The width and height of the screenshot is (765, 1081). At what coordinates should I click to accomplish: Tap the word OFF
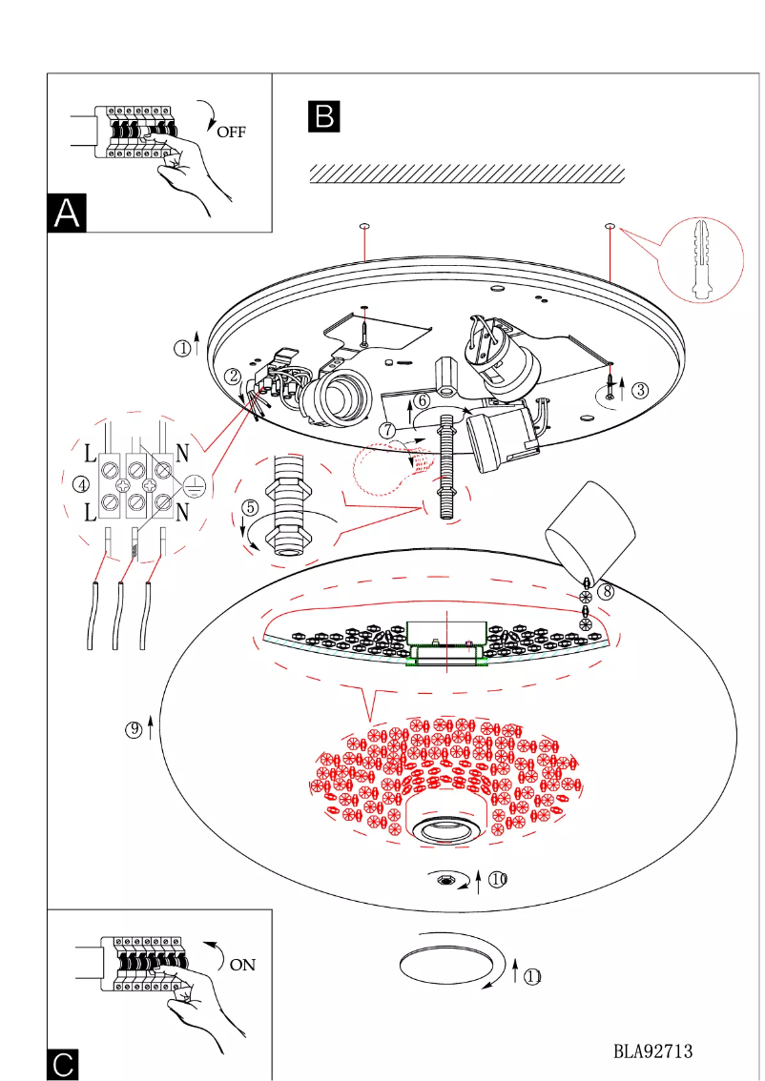(x=231, y=132)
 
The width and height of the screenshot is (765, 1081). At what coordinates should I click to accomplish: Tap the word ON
(x=242, y=965)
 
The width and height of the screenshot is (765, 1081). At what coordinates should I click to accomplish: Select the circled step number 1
(x=182, y=348)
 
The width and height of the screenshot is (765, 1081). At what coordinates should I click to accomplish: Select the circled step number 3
(x=640, y=389)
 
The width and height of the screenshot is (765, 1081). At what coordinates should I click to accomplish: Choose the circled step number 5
(x=249, y=507)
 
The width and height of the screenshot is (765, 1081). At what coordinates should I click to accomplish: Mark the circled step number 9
(x=134, y=730)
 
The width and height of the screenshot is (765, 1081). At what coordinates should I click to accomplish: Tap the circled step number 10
(x=497, y=878)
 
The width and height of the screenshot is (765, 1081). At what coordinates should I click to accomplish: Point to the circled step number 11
(x=533, y=974)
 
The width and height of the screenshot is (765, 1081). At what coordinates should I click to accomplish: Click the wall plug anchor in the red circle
(x=701, y=260)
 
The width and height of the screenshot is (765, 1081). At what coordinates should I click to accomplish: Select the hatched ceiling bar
(x=467, y=173)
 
